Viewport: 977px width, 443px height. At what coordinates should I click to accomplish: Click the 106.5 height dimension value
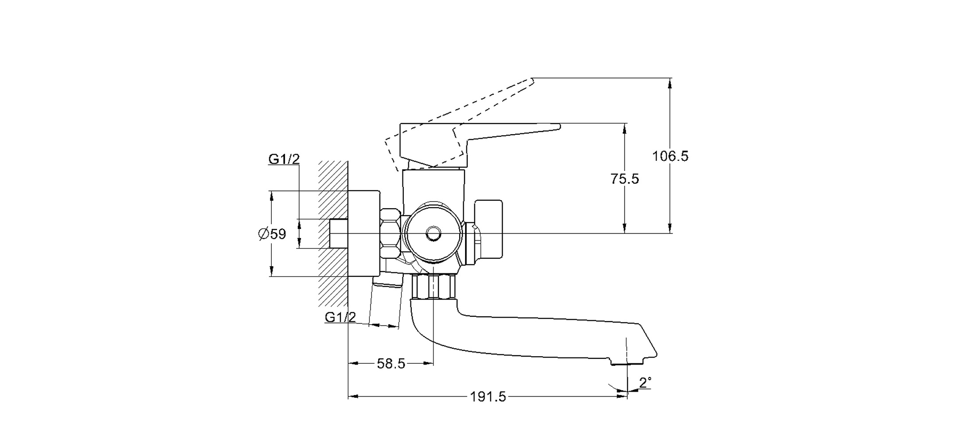[670, 156]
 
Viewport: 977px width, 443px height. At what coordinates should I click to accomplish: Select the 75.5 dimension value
[625, 179]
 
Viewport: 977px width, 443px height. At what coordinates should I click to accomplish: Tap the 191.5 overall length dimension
[488, 397]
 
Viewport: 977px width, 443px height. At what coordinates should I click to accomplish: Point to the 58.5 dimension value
[391, 364]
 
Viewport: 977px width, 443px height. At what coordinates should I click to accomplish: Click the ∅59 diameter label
[273, 233]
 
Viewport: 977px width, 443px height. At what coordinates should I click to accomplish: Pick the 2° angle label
[645, 382]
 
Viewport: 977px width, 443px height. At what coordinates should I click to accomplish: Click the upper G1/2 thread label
[284, 159]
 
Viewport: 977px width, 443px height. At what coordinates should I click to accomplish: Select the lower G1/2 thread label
[340, 317]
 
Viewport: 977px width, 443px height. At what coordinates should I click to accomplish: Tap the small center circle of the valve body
[433, 233]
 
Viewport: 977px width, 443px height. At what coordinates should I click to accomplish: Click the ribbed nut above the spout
[434, 287]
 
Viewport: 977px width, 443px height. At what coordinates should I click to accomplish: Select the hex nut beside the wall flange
[391, 233]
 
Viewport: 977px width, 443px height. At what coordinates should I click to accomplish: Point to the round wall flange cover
[363, 233]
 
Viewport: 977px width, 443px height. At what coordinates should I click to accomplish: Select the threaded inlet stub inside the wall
[339, 233]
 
